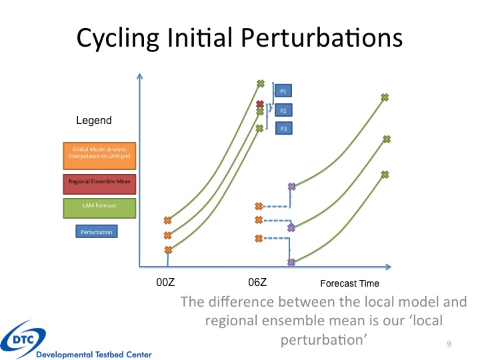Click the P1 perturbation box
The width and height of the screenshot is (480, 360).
pyautogui.click(x=283, y=91)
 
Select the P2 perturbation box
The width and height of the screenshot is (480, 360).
pyautogui.click(x=283, y=109)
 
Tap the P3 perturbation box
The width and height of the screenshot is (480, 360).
pyautogui.click(x=283, y=127)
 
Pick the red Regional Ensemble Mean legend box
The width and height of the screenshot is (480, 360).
pyautogui.click(x=99, y=181)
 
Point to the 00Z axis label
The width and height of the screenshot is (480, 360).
pyautogui.click(x=166, y=283)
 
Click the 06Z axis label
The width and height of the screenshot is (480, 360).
pyautogui.click(x=258, y=283)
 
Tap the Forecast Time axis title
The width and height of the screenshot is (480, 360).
pyautogui.click(x=350, y=283)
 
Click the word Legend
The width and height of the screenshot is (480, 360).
pyautogui.click(x=93, y=121)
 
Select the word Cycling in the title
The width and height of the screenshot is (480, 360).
pyautogui.click(x=119, y=39)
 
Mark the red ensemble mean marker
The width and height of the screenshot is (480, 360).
pyautogui.click(x=260, y=104)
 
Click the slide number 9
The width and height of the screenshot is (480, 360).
pyautogui.click(x=449, y=343)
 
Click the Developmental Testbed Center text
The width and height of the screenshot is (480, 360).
pyautogui.click(x=94, y=354)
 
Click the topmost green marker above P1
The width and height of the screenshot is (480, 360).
pyautogui.click(x=261, y=84)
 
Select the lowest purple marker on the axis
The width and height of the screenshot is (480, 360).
pyautogui.click(x=291, y=262)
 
